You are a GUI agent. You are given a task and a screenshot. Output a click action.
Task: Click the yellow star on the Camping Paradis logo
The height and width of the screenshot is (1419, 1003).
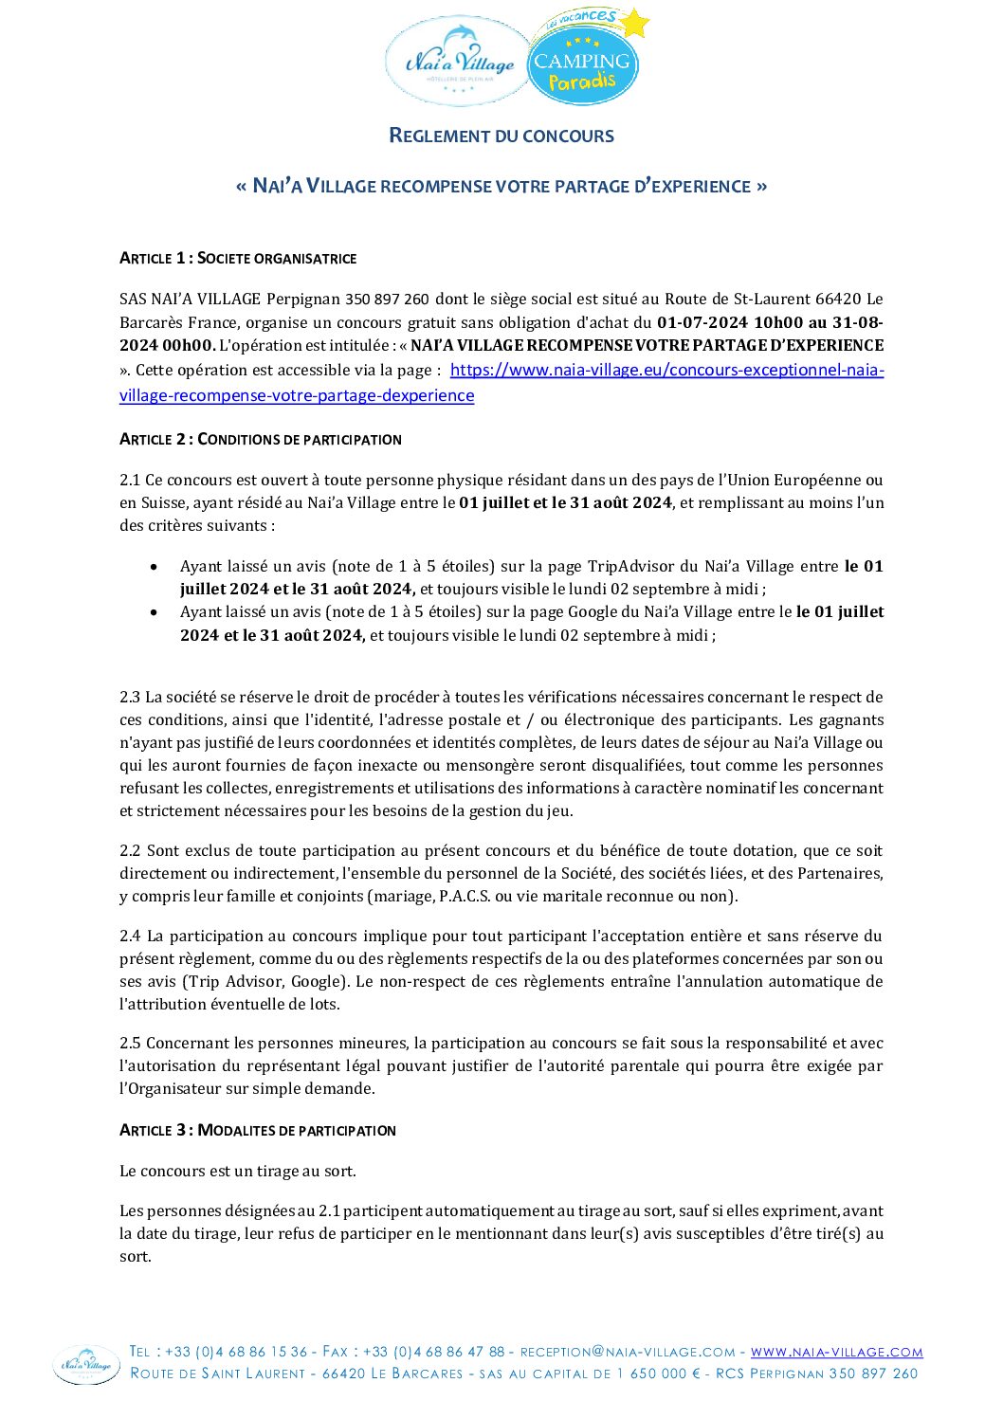(633, 23)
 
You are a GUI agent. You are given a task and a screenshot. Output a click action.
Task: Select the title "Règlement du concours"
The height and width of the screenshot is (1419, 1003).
(501, 136)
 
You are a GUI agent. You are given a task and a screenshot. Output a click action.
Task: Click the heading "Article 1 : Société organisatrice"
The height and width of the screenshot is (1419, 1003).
(238, 258)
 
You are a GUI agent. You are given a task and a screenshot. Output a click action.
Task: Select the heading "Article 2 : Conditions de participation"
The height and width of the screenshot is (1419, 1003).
(261, 439)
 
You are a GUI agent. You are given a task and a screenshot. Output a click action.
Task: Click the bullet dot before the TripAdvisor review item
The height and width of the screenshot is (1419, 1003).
(155, 567)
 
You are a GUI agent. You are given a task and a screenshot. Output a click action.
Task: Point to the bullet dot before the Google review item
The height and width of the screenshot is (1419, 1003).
(155, 612)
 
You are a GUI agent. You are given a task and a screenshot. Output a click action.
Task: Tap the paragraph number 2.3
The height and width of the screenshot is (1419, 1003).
(130, 697)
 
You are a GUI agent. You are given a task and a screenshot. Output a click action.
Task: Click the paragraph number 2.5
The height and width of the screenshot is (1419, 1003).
(130, 1043)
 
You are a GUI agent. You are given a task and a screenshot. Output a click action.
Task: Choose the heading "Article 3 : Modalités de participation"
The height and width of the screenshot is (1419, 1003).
(258, 1130)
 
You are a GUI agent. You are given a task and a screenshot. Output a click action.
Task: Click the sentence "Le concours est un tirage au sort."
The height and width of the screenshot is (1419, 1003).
(238, 1171)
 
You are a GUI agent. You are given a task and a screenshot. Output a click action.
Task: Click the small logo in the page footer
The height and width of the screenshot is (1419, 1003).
(86, 1364)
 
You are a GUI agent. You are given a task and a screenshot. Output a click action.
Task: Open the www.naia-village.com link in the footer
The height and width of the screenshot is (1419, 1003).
(836, 1352)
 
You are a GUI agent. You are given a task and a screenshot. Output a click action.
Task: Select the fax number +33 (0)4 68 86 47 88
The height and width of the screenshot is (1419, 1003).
(433, 1352)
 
